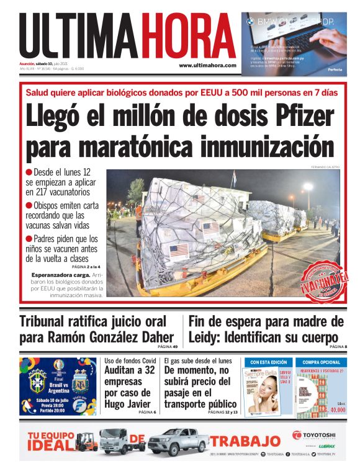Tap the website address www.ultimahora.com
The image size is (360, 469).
(x=207, y=65)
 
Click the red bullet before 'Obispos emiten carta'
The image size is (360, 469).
(x=29, y=205)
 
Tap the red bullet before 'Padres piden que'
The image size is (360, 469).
(x=29, y=239)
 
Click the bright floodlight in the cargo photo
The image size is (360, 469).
(x=307, y=187)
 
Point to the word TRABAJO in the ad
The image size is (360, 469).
(x=245, y=441)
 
